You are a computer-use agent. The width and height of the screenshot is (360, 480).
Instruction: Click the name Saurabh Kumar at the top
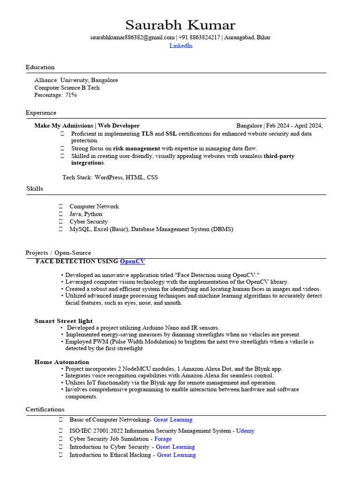pyautogui.click(x=180, y=25)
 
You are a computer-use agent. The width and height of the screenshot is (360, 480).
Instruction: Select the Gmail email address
pyautogui.click(x=132, y=37)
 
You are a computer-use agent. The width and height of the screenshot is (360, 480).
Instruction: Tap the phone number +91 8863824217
pyautogui.click(x=199, y=37)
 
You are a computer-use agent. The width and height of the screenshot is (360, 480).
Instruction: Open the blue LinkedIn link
pyautogui.click(x=181, y=46)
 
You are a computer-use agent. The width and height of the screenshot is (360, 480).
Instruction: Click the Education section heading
pyautogui.click(x=40, y=67)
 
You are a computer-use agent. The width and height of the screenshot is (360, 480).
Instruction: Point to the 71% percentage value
pyautogui.click(x=71, y=95)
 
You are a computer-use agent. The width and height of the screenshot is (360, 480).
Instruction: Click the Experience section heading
pyautogui.click(x=41, y=112)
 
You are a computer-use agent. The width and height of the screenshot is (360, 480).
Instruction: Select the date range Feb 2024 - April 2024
pyautogui.click(x=294, y=126)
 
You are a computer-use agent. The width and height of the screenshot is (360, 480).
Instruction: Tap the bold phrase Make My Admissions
pyautogui.click(x=64, y=126)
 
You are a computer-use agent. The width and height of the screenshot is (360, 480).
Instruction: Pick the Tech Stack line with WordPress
pyautogui.click(x=110, y=178)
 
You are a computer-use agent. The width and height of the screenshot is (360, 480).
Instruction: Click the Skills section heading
pyautogui.click(x=35, y=188)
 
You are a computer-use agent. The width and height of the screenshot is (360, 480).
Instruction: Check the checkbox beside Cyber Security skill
pyautogui.click(x=61, y=222)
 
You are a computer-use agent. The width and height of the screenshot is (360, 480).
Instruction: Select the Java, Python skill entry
pyautogui.click(x=86, y=214)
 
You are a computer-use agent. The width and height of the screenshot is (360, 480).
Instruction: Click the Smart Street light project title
pyautogui.click(x=63, y=321)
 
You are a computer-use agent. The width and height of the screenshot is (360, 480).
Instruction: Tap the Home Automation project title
pyautogui.click(x=61, y=362)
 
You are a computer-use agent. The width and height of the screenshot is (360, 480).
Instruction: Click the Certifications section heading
pyautogui.click(x=45, y=409)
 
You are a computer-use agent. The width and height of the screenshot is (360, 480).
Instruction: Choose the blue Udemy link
pyautogui.click(x=246, y=431)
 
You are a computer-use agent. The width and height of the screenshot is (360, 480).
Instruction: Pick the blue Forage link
pyautogui.click(x=163, y=439)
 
